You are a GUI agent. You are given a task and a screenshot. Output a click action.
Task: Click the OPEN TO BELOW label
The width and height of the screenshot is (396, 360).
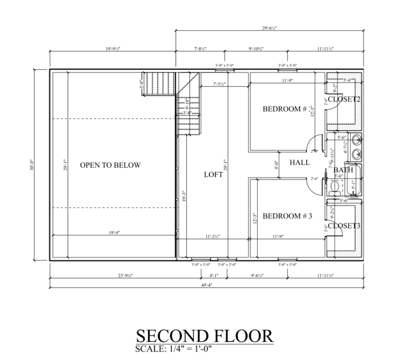tap(110, 165)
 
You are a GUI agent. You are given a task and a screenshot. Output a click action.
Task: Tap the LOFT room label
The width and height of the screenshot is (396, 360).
tap(213, 175)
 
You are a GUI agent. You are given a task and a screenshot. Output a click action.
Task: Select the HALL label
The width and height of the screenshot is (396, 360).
tap(299, 162)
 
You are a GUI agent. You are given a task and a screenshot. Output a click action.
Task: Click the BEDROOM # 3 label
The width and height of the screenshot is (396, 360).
tap(287, 217)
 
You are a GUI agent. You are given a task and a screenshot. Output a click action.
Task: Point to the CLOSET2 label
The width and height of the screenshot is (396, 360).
tap(344, 99)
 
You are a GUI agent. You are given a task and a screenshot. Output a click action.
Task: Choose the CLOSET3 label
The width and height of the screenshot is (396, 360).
tap(344, 225)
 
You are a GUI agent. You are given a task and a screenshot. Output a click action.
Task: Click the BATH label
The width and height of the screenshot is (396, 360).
tap(343, 170)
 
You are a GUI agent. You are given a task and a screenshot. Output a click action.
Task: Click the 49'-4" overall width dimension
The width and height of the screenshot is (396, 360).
tap(206, 284)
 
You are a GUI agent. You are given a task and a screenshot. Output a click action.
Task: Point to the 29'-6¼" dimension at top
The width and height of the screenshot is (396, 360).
tap(269, 28)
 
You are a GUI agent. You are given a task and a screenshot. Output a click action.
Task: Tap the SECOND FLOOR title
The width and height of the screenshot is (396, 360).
tap(205, 336)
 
